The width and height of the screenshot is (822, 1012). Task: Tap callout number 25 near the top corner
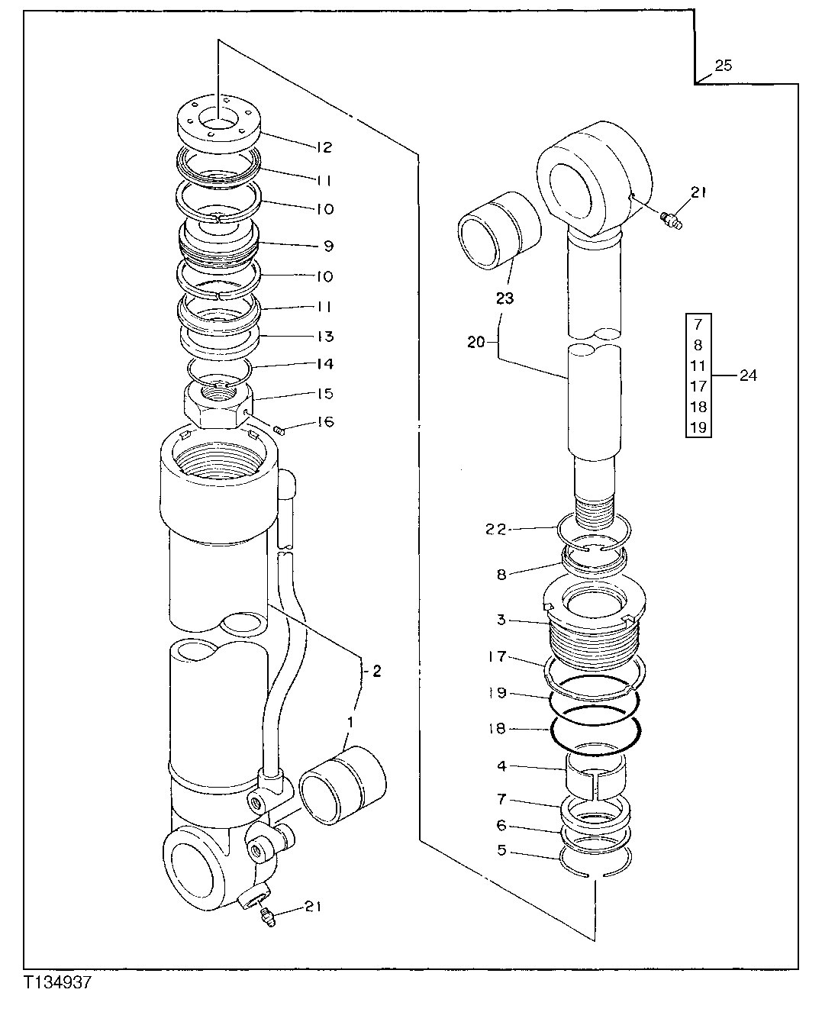723,66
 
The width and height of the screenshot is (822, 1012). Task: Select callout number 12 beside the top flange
323,147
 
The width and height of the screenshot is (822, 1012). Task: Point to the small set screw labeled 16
279,431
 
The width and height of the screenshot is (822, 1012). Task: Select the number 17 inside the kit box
698,386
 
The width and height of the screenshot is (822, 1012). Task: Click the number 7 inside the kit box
698,324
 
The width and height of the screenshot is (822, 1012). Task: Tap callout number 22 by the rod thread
497,529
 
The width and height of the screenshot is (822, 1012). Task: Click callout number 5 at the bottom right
501,849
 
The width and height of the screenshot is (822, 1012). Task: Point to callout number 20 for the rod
475,343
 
